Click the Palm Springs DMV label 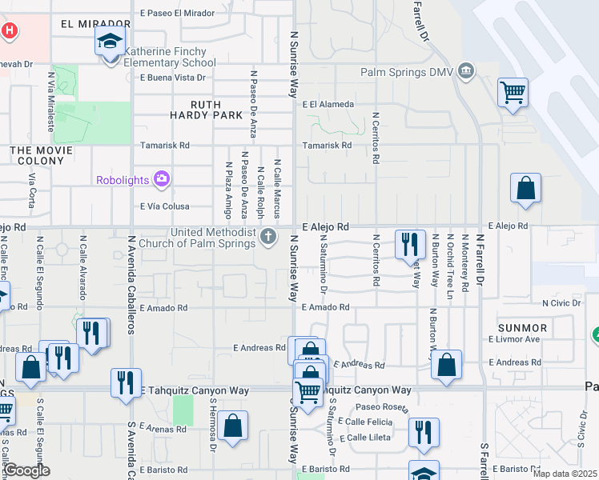pyautogui.click(x=406, y=73)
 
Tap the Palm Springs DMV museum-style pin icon pyautogui.click(x=465, y=74)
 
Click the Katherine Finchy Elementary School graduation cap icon pyautogui.click(x=110, y=41)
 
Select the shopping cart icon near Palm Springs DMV pyautogui.click(x=513, y=91)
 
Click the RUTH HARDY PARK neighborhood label pyautogui.click(x=206, y=110)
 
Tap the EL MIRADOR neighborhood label pyautogui.click(x=95, y=25)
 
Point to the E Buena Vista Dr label pyautogui.click(x=173, y=78)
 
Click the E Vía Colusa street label pyautogui.click(x=164, y=206)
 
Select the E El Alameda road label pyautogui.click(x=328, y=104)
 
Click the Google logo pyautogui.click(x=26, y=470)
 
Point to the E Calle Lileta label pyautogui.click(x=365, y=438)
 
